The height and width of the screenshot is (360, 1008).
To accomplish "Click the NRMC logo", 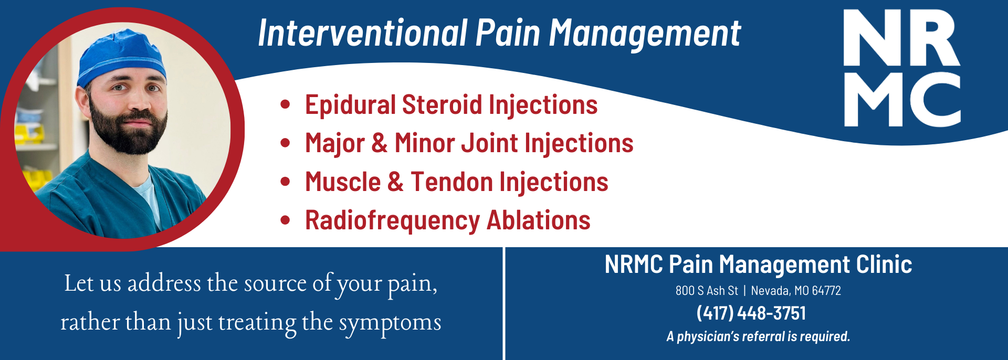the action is pyautogui.click(x=902, y=68).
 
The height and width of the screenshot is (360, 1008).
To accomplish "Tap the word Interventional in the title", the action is pyautogui.click(x=363, y=33).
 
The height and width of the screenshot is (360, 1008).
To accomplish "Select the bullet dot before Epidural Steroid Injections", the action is pyautogui.click(x=285, y=104).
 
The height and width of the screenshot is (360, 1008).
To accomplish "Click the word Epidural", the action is pyautogui.click(x=350, y=105).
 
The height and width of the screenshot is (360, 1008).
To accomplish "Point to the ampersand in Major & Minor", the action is pyautogui.click(x=380, y=143).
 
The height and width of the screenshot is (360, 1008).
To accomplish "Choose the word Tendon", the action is pyautogui.click(x=452, y=182).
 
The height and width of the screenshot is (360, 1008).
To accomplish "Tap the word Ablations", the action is pyautogui.click(x=539, y=220).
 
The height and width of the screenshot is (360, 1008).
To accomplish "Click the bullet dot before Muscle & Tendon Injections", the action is pyautogui.click(x=285, y=182).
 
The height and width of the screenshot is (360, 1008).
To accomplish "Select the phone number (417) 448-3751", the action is pyautogui.click(x=751, y=313).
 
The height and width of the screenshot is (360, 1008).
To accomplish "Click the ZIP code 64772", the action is pyautogui.click(x=826, y=291).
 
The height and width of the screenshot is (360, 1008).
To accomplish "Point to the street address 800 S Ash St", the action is pyautogui.click(x=707, y=291).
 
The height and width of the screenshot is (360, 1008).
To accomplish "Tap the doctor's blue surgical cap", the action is pyautogui.click(x=122, y=57).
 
